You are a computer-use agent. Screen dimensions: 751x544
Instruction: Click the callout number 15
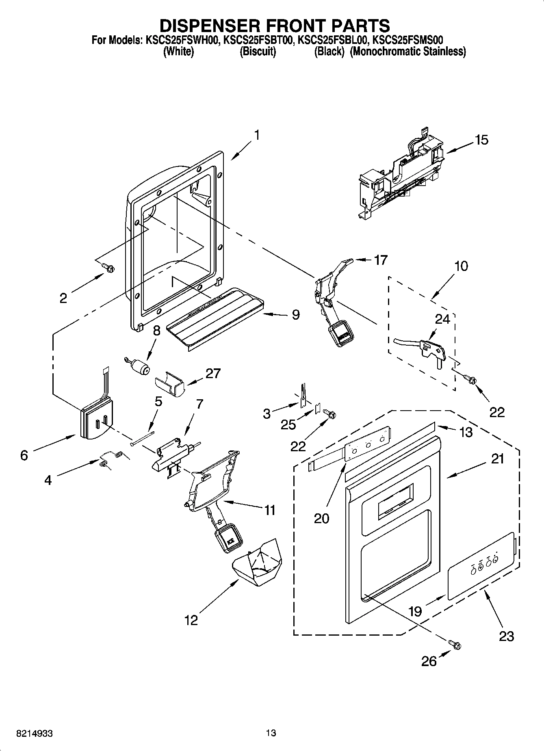tap(481, 140)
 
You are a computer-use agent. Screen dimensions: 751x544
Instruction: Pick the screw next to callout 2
tap(108, 267)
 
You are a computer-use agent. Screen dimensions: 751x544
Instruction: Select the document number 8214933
tap(35, 733)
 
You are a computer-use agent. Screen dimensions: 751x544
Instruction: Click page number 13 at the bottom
tap(271, 733)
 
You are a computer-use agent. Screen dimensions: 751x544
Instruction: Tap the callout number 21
tap(497, 459)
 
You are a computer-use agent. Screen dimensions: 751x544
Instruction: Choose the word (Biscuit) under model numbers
tap(258, 52)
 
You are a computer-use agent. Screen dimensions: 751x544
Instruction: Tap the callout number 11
tap(270, 510)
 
